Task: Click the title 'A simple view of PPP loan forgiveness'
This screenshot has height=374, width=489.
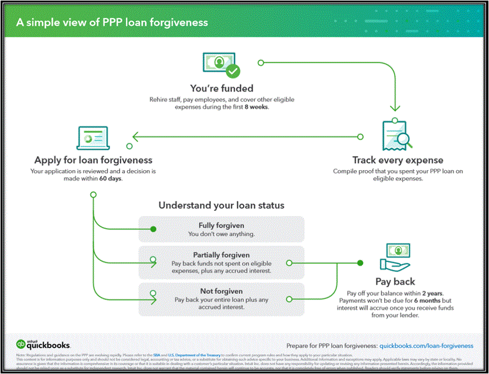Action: [x=112, y=23]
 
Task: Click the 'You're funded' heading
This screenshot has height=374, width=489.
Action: [x=221, y=89]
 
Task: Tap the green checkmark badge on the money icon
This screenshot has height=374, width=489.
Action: [x=233, y=72]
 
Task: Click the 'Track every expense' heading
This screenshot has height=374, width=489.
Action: [x=397, y=160]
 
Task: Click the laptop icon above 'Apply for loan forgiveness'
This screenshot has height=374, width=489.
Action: [x=93, y=138]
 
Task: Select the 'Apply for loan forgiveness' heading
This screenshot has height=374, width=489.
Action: [x=93, y=160]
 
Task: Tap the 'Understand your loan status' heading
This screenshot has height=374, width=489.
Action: [x=221, y=206]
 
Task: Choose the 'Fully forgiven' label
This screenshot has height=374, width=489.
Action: [x=221, y=225]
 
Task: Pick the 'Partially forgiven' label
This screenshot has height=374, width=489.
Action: [x=221, y=255]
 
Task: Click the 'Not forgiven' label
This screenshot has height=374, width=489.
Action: [x=221, y=291]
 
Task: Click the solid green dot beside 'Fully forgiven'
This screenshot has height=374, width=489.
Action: [x=153, y=229]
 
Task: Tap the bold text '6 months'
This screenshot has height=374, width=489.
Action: [x=424, y=300]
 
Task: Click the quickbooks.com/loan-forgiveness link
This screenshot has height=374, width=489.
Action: [x=426, y=345]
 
